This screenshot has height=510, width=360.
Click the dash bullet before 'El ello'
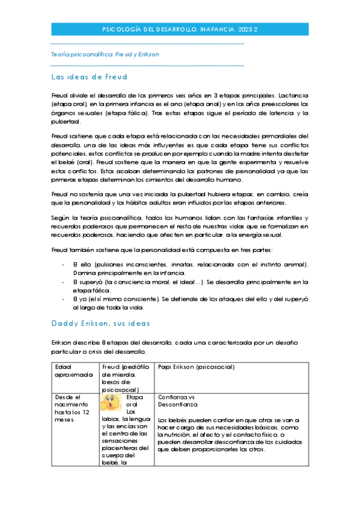coord(63,265)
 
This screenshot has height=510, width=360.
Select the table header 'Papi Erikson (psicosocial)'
coord(196,366)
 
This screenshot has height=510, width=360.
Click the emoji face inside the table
coord(112,401)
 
